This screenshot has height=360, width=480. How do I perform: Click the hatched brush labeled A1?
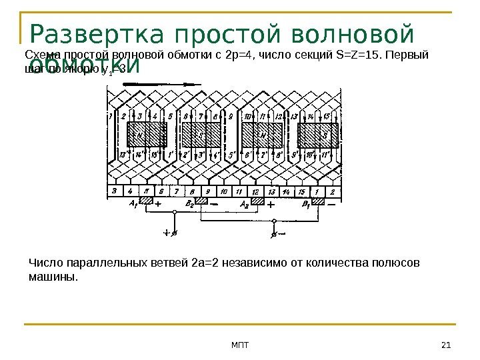tap(146, 201)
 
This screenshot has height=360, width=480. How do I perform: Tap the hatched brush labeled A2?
tap(257, 201)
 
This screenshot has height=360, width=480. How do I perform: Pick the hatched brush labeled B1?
tap(318, 201)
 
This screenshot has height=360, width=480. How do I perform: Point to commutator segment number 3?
tap(115, 192)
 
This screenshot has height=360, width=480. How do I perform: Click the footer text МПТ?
tap(239, 344)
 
